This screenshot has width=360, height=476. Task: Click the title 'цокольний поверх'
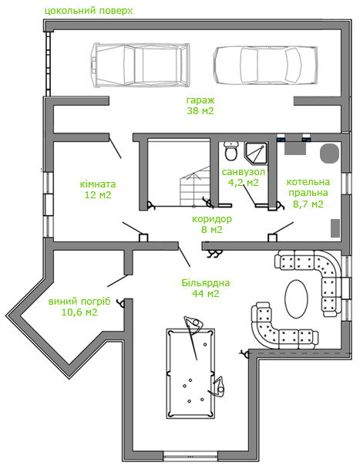click(89, 11)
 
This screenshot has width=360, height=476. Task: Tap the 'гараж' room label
click(200, 100)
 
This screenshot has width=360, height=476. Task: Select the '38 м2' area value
click(200, 111)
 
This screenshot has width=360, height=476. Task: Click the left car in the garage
click(140, 65)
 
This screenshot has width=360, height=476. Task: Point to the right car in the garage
click(265, 65)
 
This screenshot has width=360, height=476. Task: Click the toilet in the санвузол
click(231, 151)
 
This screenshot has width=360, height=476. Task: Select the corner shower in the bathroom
click(257, 153)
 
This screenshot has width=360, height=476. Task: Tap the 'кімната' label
click(98, 184)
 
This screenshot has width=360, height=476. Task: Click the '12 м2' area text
click(98, 195)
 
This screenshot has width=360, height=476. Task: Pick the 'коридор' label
click(212, 219)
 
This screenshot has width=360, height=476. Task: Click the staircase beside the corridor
click(195, 186)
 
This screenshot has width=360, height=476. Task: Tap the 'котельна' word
click(308, 182)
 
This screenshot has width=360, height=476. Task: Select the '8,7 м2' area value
click(308, 204)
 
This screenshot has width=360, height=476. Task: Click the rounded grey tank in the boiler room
click(329, 154)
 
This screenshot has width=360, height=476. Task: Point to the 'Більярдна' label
click(206, 283)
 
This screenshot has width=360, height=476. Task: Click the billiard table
click(190, 373)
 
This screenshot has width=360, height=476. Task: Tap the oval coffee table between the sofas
click(296, 299)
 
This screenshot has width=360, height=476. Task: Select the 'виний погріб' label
click(79, 302)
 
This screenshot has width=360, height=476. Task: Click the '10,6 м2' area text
click(79, 312)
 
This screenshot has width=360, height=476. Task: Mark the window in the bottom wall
click(190, 456)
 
